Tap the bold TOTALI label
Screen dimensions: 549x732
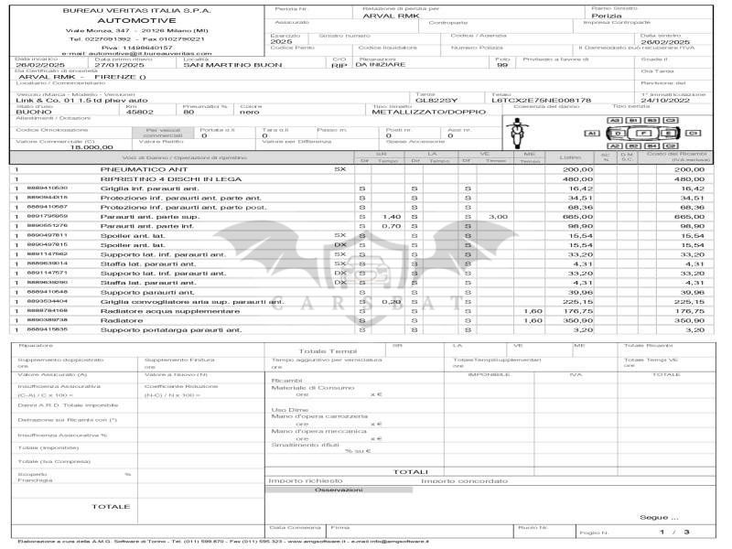pyautogui.click(x=412, y=471)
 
